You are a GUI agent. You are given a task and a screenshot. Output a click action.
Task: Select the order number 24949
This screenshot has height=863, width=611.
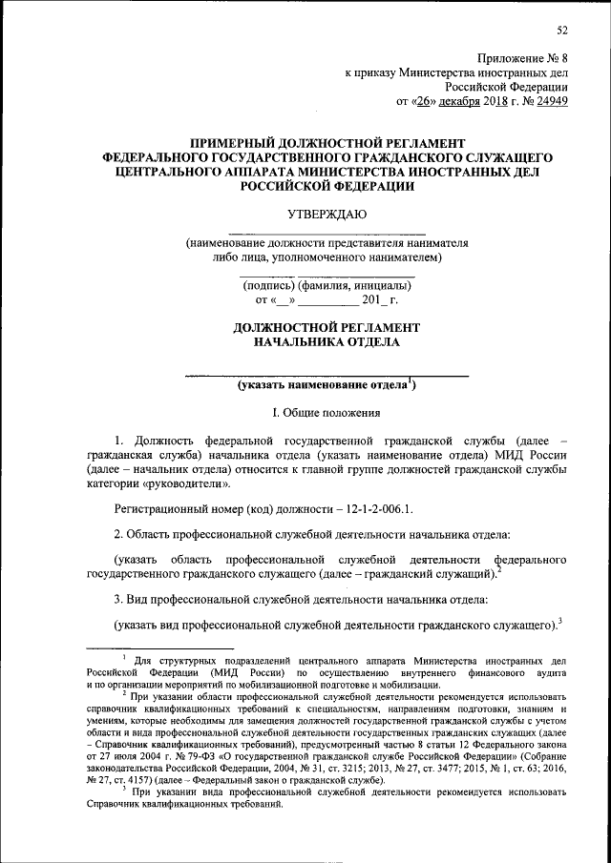point(549,100)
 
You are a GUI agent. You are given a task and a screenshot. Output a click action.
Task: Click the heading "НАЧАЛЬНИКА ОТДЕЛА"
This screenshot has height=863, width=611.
point(327,341)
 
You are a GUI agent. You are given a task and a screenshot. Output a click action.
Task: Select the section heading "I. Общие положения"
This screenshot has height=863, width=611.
point(327,413)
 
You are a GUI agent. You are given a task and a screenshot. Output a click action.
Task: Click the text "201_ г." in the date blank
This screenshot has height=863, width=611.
point(380,300)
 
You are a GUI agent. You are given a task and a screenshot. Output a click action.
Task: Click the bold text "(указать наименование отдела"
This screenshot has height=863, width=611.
point(321,385)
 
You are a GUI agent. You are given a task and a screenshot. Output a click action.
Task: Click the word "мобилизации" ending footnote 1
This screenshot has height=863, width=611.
point(405,685)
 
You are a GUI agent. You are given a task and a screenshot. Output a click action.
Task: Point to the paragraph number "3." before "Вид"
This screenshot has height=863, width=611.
point(119,598)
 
